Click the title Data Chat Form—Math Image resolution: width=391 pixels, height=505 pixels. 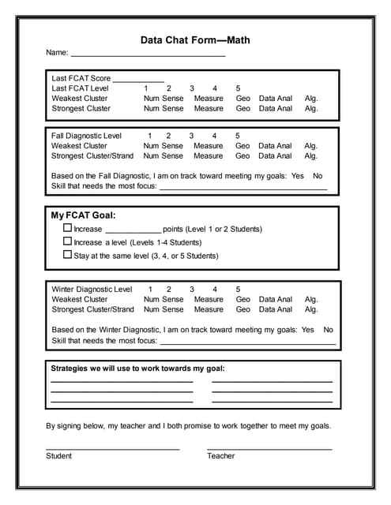pyautogui.click(x=195, y=39)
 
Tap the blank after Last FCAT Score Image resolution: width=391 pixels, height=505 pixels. pyautogui.click(x=138, y=80)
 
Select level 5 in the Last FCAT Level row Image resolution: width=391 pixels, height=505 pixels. pyautogui.click(x=238, y=88)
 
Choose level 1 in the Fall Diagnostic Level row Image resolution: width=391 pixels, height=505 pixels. pyautogui.click(x=149, y=136)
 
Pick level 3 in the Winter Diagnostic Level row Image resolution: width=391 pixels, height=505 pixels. pyautogui.click(x=191, y=290)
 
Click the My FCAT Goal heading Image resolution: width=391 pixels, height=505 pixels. pyautogui.click(x=83, y=215)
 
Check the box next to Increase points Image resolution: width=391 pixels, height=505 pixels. pyautogui.click(x=67, y=228)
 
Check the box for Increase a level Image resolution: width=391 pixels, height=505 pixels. pyautogui.click(x=67, y=241)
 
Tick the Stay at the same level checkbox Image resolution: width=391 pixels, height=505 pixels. pyautogui.click(x=67, y=255)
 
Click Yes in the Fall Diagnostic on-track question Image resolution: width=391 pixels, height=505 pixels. pyautogui.click(x=297, y=176)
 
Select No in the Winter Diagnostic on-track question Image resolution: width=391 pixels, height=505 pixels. pyautogui.click(x=328, y=330)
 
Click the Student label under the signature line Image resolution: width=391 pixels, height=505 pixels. pyautogui.click(x=58, y=455)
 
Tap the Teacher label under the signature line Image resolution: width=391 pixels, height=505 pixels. pyautogui.click(x=220, y=455)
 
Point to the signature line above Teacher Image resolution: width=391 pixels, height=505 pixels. pyautogui.click(x=269, y=448)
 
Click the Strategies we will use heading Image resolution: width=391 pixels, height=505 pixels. pyautogui.click(x=137, y=368)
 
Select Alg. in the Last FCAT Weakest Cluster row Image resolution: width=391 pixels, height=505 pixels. pyautogui.click(x=311, y=99)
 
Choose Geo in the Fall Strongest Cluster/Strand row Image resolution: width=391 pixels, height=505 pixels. pyautogui.click(x=242, y=155)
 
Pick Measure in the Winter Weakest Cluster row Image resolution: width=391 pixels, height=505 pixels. pyautogui.click(x=209, y=300)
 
